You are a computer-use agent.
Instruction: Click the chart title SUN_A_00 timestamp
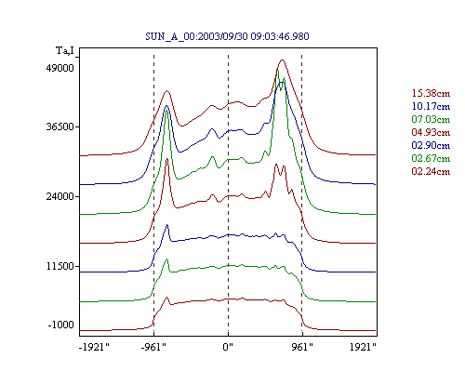227,36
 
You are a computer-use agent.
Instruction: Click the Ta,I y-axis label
65,50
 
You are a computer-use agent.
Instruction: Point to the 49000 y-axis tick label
60,68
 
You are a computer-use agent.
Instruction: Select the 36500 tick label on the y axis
60,126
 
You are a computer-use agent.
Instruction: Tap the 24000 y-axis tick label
60,196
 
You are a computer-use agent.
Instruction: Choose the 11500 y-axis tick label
60,266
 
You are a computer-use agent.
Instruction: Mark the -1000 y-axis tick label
61,325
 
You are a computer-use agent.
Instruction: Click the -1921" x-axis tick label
95,347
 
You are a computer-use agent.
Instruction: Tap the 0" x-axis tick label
228,347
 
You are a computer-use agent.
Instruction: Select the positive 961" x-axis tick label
302,347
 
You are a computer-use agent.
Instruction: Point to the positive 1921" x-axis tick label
363,347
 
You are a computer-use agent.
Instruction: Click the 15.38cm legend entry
431,93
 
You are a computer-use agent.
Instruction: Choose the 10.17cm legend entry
431,106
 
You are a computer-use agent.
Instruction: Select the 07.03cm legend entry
431,119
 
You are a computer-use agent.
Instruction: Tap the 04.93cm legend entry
431,132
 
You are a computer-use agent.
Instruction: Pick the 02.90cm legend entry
431,145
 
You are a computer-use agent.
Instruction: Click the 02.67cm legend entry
431,158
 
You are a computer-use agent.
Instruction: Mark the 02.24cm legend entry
431,171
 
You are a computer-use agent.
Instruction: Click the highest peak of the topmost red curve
282,60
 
